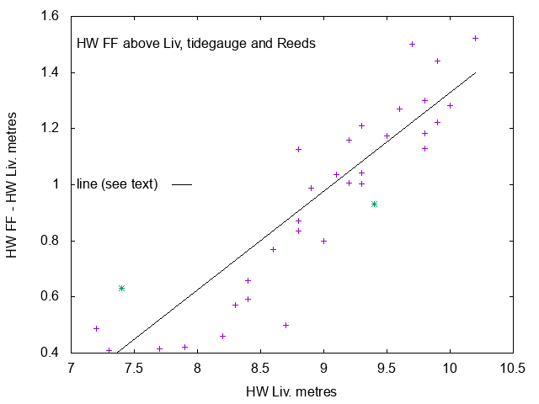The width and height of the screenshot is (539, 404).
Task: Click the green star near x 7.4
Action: pyautogui.click(x=121, y=288)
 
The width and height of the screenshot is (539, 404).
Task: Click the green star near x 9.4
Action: pyautogui.click(x=374, y=204)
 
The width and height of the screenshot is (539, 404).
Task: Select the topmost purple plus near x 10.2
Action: pyautogui.click(x=475, y=38)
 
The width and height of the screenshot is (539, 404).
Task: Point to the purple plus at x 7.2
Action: pyautogui.click(x=96, y=328)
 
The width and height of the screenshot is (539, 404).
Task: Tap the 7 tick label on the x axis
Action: pyautogui.click(x=71, y=369)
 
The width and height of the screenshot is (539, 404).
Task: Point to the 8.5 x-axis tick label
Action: pyautogui.click(x=260, y=369)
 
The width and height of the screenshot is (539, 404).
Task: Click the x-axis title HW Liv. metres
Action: pyautogui.click(x=291, y=391)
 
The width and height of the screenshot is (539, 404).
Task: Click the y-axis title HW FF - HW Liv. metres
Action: pyautogui.click(x=13, y=184)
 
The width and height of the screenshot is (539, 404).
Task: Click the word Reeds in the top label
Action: pyautogui.click(x=296, y=44)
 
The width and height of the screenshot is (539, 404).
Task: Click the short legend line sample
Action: pyautogui.click(x=182, y=184)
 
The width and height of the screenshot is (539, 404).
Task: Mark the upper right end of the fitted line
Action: pyautogui.click(x=476, y=72)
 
